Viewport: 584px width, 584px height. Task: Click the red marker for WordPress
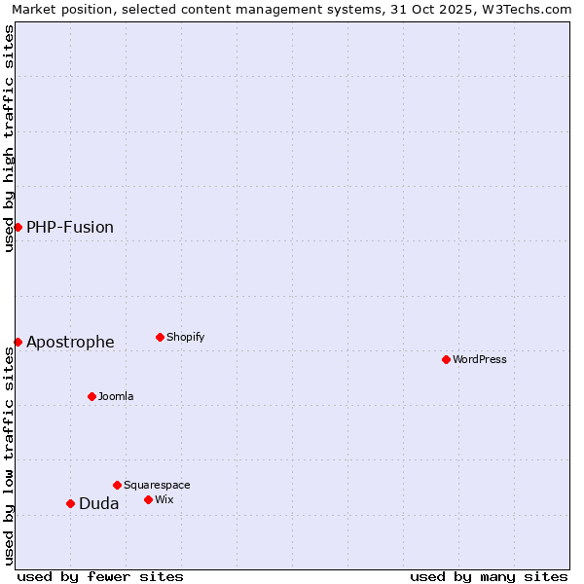point(446,359)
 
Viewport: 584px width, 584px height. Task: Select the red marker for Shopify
point(160,337)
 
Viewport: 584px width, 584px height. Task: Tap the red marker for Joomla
point(91,396)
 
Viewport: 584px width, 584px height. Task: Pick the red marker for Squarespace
point(117,485)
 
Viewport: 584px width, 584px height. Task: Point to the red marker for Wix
point(148,499)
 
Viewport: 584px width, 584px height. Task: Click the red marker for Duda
point(70,503)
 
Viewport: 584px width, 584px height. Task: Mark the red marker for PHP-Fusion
point(18,227)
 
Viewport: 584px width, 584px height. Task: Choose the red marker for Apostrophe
point(18,342)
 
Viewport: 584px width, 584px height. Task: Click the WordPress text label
point(480,359)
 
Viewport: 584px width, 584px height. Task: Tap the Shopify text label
point(185,337)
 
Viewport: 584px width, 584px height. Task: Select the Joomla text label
point(116,396)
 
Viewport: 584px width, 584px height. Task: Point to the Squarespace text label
point(157,485)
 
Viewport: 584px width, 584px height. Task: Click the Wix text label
point(164,499)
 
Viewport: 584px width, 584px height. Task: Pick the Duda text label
point(99,503)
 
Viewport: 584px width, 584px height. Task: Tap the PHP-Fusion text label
point(70,227)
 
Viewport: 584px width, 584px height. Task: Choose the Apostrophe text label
point(70,342)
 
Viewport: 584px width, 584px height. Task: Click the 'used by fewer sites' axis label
point(100,576)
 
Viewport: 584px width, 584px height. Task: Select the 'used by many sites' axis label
point(489,576)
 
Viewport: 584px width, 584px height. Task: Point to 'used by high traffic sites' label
point(9,138)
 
